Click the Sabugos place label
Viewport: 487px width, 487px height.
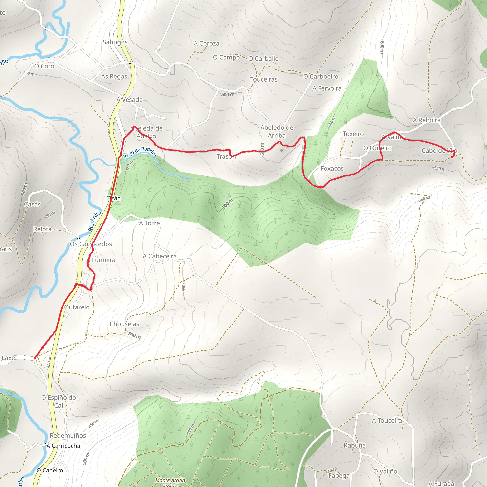coord(115,42)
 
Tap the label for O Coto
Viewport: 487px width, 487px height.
coord(44,66)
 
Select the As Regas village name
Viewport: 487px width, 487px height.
coord(114,76)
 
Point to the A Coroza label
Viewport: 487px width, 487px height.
coord(206,44)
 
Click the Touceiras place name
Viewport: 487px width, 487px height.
coord(264,79)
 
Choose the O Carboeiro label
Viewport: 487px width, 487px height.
coord(321,76)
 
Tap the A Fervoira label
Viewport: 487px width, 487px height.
coord(327,88)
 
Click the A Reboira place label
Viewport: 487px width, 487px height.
coord(427,120)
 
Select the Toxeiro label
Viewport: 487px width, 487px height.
coord(353,134)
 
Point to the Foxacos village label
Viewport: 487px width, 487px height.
coord(332,169)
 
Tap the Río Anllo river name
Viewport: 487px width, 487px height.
coord(95,221)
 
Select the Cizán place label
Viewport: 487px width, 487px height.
coord(113,198)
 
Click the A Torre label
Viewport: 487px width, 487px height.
coord(149,223)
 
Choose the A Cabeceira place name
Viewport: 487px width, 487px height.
coord(160,256)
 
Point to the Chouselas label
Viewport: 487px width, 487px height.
coord(124,324)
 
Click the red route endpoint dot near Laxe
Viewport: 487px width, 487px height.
coord(35,358)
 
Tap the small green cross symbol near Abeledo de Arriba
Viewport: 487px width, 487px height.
coord(282,151)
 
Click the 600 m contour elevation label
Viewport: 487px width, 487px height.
coord(382,47)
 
